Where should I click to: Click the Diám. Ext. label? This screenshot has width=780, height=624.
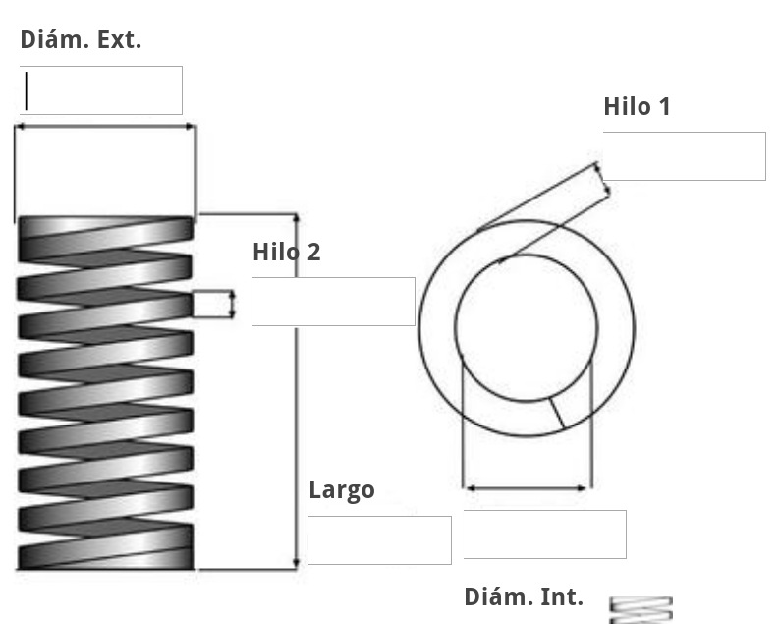(x=81, y=40)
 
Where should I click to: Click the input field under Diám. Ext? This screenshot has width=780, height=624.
(x=100, y=90)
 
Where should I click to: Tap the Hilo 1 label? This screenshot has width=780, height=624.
(x=637, y=106)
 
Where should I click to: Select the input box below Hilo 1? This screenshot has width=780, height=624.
(x=684, y=156)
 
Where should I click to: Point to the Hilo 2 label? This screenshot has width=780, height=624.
(x=286, y=252)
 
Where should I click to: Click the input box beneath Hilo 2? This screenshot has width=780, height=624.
(x=333, y=302)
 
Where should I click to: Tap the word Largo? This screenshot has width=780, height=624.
(x=342, y=489)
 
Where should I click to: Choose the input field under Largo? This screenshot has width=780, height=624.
(x=379, y=539)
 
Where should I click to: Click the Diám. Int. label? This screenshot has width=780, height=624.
(x=523, y=596)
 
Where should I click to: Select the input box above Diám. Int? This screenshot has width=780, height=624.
(x=544, y=535)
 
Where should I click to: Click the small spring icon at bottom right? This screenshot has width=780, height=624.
(x=641, y=609)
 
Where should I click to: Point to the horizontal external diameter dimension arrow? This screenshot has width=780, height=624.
(x=105, y=126)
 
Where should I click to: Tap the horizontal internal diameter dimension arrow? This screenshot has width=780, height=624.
(x=527, y=487)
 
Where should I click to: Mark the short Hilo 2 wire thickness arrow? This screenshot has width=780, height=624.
(x=232, y=304)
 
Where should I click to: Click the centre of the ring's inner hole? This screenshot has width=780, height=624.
(x=527, y=327)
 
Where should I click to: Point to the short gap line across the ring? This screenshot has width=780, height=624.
(x=556, y=412)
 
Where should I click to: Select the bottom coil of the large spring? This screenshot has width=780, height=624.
(x=105, y=555)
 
